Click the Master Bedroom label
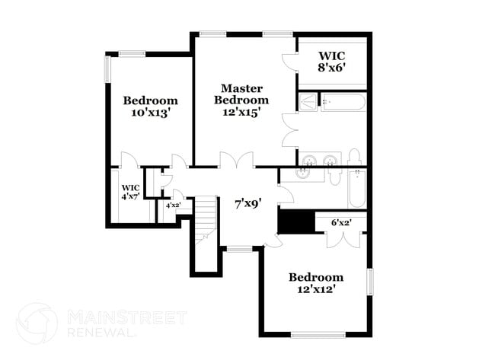(241, 94)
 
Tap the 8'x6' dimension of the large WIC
(332, 67)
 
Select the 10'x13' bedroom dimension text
(150, 113)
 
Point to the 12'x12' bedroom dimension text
(315, 289)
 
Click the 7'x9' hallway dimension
(247, 203)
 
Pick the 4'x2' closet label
(173, 205)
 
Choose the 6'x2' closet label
(340, 223)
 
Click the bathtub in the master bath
(343, 102)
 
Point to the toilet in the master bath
(354, 158)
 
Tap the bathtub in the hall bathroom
(359, 190)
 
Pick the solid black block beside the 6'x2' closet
(295, 221)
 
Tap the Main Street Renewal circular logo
(37, 323)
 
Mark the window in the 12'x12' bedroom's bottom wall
(318, 334)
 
